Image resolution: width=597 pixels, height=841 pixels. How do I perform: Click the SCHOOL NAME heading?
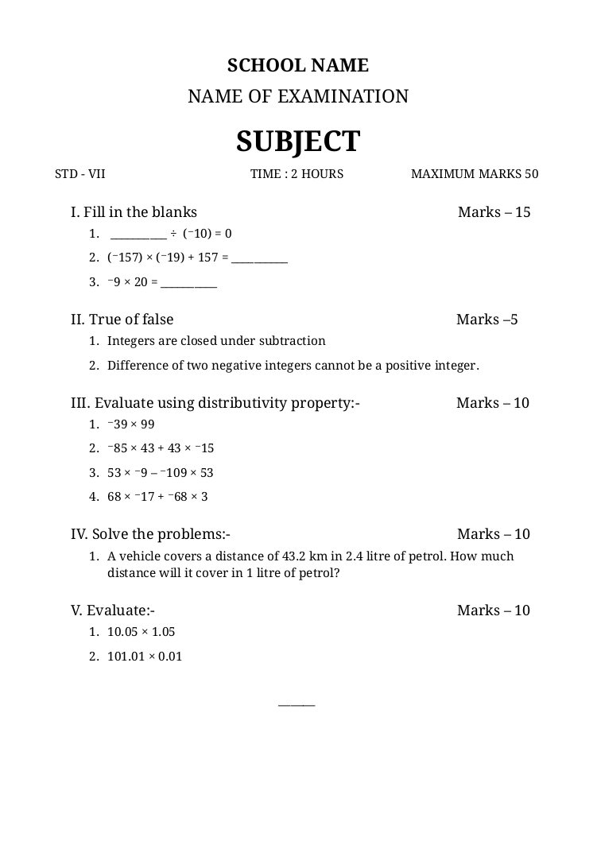click(298, 65)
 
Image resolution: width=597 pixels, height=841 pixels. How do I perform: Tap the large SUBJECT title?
click(298, 141)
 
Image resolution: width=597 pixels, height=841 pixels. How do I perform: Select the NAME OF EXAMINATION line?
click(298, 97)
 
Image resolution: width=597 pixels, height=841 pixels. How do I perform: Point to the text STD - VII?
click(80, 174)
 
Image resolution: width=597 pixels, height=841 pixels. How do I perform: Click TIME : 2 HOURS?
click(297, 174)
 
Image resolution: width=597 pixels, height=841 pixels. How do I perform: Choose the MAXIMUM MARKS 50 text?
click(475, 174)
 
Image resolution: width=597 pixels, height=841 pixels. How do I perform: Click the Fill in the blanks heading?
click(134, 212)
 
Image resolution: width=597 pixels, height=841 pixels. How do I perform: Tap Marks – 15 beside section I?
click(494, 212)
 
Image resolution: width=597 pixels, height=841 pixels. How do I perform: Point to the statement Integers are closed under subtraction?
click(216, 341)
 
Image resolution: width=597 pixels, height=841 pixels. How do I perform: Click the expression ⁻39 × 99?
click(131, 424)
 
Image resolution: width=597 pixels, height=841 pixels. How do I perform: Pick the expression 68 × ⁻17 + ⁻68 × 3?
click(158, 497)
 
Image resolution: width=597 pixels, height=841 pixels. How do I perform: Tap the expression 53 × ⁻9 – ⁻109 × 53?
click(161, 473)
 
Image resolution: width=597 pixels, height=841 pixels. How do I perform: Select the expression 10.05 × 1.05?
click(141, 632)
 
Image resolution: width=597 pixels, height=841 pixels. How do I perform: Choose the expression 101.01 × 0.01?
click(145, 657)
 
